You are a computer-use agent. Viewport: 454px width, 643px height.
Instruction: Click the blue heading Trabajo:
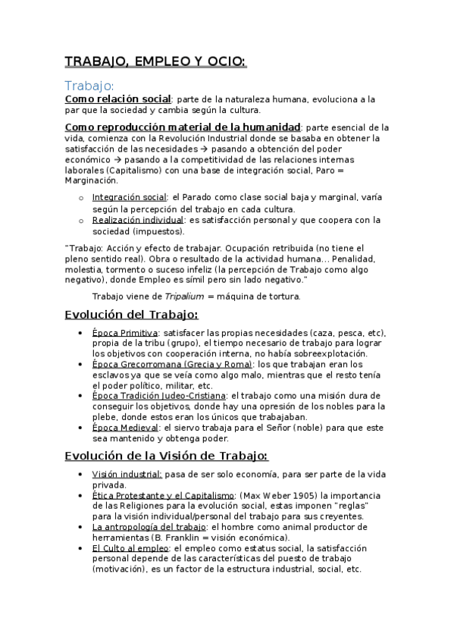coord(89,86)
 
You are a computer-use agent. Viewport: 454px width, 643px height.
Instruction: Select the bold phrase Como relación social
coord(117,99)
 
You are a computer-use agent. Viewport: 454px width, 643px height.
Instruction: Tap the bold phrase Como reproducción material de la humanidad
coord(183,127)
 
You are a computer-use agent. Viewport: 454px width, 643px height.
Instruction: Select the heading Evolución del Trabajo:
coord(131,315)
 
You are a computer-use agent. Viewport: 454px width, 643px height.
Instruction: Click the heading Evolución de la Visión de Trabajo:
coord(166,455)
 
